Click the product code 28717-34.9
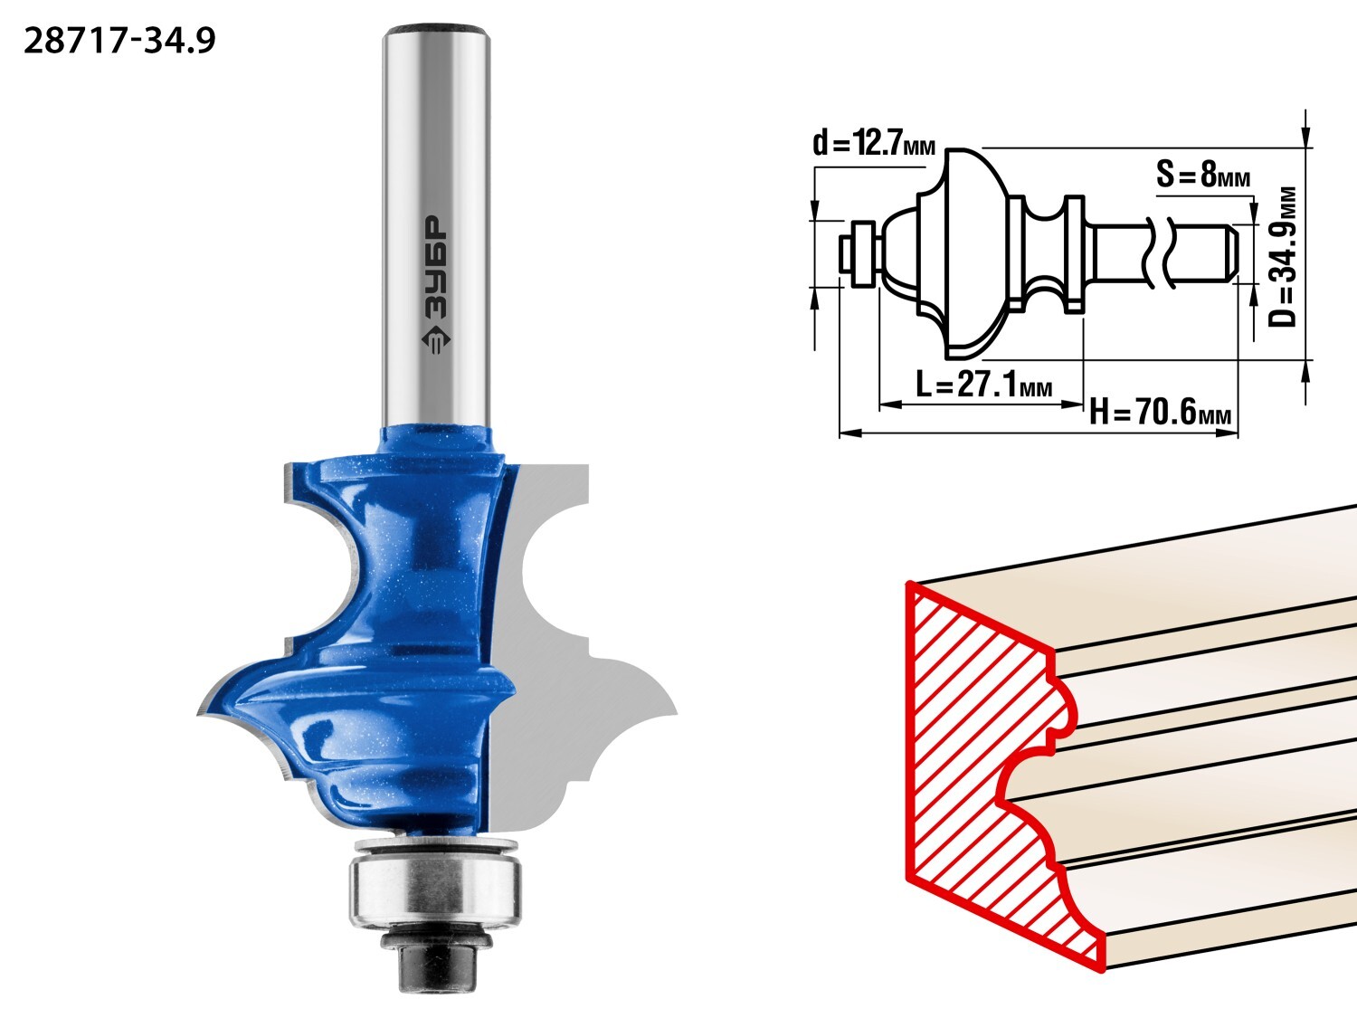tap(119, 42)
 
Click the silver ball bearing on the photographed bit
tap(434, 890)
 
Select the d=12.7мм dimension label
tap(874, 143)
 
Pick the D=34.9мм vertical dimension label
tap(1282, 256)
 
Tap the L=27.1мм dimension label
tap(983, 385)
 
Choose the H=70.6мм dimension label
tap(1160, 412)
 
